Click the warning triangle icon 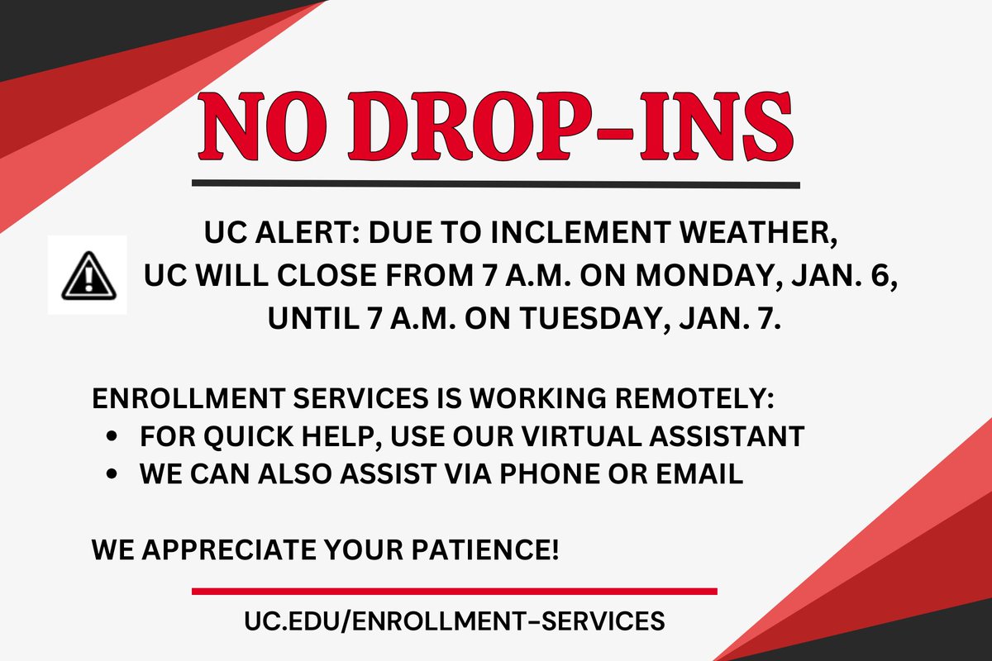point(87,275)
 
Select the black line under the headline point(496,183)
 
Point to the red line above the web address point(454,591)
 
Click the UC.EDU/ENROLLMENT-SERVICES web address point(454,621)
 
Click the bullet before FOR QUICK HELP point(111,436)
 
